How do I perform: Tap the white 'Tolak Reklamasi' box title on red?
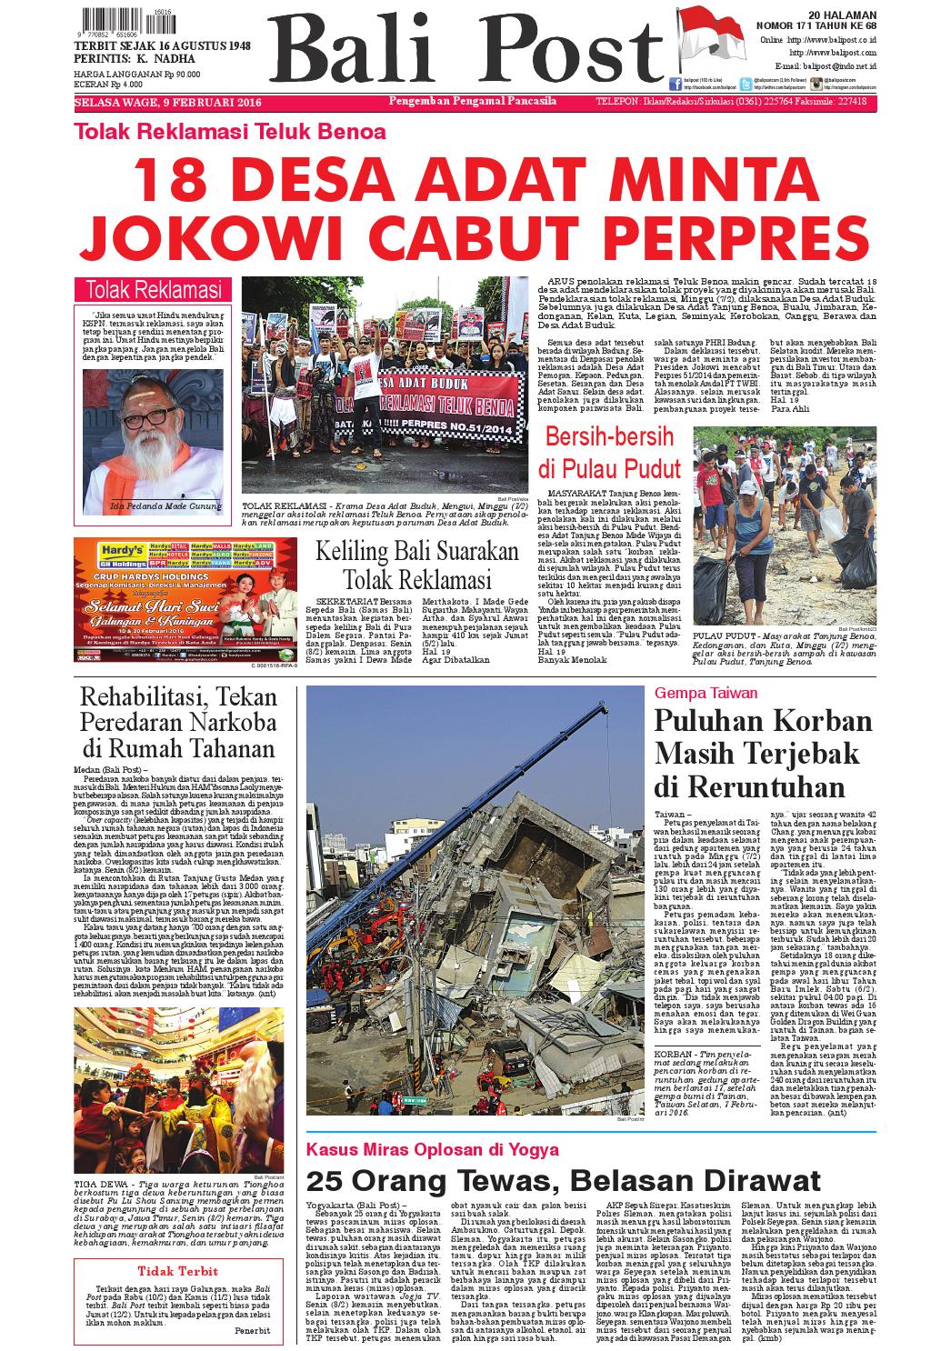tap(153, 290)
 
